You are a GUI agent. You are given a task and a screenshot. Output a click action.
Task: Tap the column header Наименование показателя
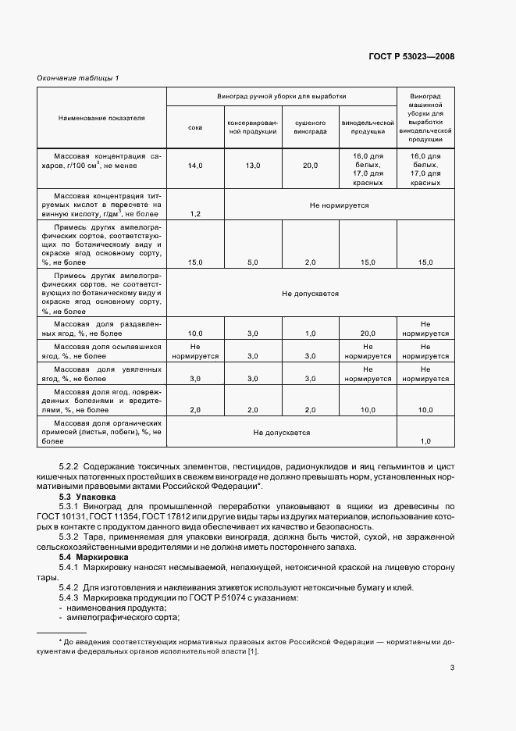tap(101, 117)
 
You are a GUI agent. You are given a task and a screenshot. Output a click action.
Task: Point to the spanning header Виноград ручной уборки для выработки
tap(281, 97)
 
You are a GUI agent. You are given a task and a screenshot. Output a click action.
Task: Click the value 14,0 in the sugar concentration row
tap(195, 166)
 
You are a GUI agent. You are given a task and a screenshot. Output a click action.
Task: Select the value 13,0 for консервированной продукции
tap(252, 166)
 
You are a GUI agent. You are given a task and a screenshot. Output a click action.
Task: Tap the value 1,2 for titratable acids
tap(195, 213)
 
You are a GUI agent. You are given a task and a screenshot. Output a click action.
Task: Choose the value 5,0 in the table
tap(252, 262)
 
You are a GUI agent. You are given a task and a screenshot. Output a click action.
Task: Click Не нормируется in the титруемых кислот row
tap(339, 205)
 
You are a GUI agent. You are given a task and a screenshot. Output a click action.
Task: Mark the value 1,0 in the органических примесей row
tap(425, 441)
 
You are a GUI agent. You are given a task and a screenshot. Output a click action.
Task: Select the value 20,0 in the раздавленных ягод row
tap(368, 333)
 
